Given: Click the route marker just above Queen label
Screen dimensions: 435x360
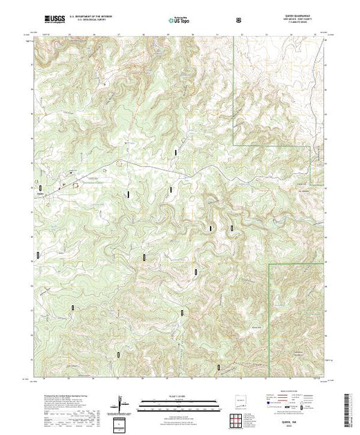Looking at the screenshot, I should pyautogui.click(x=41, y=187).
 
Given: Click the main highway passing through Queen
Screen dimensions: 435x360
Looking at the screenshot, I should pyautogui.click(x=138, y=168).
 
